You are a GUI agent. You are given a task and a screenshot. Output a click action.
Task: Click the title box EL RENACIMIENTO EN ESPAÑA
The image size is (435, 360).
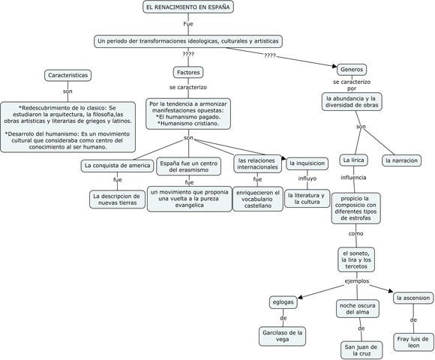[x=188, y=7]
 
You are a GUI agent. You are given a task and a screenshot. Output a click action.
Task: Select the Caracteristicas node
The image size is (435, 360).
[x=68, y=75]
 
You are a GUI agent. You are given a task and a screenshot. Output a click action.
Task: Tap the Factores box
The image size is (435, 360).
[x=187, y=73]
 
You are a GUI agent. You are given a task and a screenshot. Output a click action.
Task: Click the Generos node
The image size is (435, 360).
[x=351, y=69]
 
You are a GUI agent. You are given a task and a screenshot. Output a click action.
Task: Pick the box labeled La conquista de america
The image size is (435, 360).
[x=117, y=165]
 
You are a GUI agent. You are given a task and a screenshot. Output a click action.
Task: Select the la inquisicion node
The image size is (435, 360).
[x=307, y=163]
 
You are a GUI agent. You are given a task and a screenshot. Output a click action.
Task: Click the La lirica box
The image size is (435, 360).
[x=352, y=160]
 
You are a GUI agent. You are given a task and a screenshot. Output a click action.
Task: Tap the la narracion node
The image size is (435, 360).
[x=402, y=160]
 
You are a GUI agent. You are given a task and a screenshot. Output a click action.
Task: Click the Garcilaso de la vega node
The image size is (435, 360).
[x=283, y=336]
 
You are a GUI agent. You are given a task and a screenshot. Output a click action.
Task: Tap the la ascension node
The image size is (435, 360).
[x=412, y=298]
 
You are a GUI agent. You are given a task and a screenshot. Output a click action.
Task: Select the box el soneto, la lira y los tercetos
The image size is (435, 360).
[x=355, y=259]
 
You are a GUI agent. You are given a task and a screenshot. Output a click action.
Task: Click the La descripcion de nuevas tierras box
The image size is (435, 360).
[x=118, y=199]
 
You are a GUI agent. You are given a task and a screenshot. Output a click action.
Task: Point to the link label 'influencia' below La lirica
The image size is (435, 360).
[x=353, y=178]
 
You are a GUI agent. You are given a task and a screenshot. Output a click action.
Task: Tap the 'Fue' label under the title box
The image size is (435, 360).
[x=188, y=24]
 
